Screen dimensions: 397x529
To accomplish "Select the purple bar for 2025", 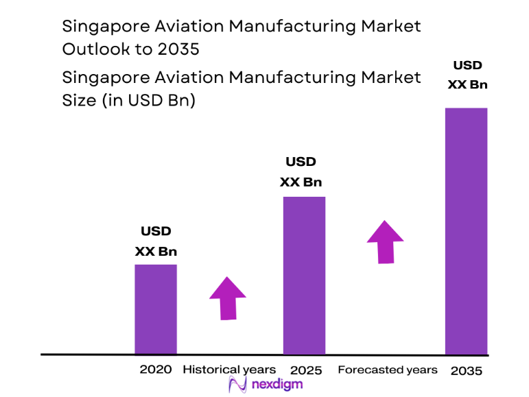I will [x=304, y=275].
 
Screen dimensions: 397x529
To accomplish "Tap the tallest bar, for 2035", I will [x=466, y=230].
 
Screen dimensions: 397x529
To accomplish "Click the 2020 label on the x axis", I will [x=156, y=370].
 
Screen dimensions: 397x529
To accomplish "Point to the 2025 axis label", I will [x=305, y=370].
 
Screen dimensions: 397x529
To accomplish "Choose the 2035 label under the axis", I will [x=467, y=371].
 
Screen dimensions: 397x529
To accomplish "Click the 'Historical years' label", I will [x=229, y=370].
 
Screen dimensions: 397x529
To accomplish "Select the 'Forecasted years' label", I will [x=387, y=370].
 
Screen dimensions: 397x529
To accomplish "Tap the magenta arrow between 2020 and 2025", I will [x=228, y=298].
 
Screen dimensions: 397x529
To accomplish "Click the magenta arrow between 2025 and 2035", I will [x=385, y=241].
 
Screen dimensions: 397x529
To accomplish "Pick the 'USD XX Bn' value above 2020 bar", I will [x=156, y=241].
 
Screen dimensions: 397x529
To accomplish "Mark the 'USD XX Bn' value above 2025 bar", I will [x=301, y=172].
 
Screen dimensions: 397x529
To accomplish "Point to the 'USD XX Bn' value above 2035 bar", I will [x=467, y=75].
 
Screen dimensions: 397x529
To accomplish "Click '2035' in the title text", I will [x=180, y=49].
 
